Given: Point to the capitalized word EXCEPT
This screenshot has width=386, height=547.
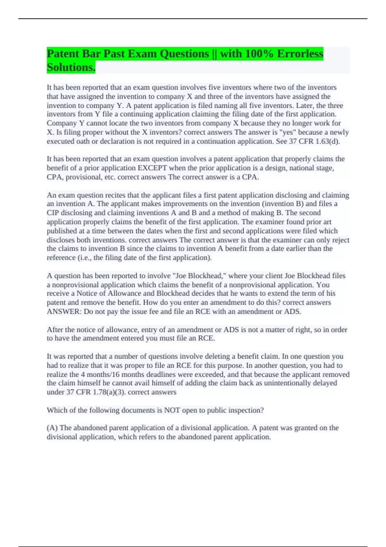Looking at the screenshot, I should (152, 168).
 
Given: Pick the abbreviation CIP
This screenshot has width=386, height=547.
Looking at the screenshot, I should (53, 213).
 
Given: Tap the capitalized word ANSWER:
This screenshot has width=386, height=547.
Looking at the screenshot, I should (64, 311).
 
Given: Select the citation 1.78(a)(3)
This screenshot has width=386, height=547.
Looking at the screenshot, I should (109, 392).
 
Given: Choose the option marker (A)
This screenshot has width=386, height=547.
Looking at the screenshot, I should (52, 428).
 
